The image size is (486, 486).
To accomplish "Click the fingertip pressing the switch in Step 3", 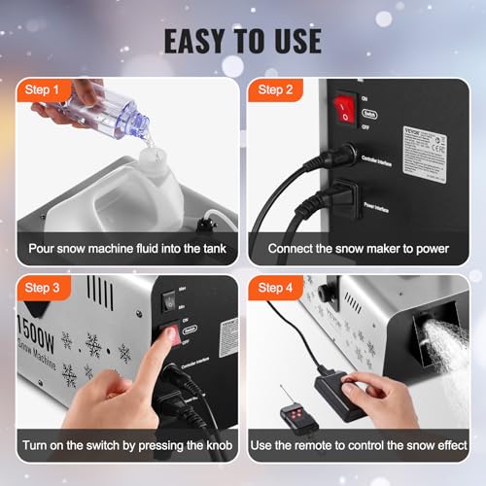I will point(168,336).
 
